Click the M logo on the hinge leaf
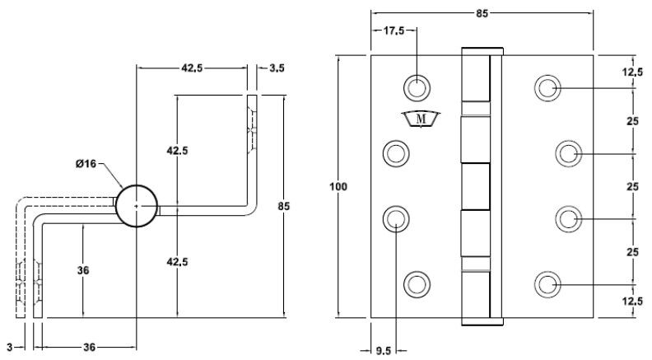[421, 119]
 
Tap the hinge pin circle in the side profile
[137, 205]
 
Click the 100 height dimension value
[338, 186]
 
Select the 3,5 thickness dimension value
[276, 68]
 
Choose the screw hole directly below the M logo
[396, 152]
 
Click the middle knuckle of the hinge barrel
[475, 186]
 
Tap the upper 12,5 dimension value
[631, 72]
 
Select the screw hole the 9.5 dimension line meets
[396, 218]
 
